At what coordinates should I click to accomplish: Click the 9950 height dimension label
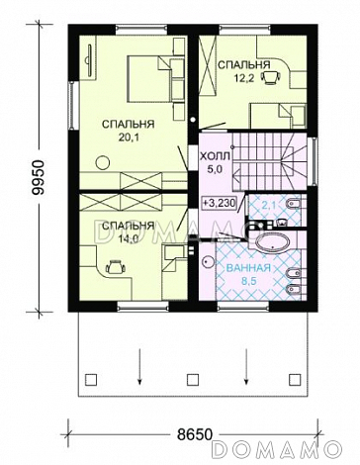point(40,178)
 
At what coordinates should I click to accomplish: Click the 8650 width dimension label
point(194,434)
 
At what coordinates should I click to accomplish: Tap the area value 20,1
point(128,137)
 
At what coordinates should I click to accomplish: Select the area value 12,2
point(244,79)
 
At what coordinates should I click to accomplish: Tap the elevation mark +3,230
point(219,203)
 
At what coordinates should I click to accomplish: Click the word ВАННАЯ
point(248,268)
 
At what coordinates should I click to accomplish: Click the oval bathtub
point(273,244)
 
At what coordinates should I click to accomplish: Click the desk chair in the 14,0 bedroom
point(115,267)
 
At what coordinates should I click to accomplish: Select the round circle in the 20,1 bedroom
point(103,162)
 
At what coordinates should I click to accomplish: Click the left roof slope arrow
point(139,367)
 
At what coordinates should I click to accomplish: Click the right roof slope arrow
point(246,367)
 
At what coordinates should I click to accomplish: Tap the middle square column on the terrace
point(192,380)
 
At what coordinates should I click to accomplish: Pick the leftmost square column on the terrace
point(91,380)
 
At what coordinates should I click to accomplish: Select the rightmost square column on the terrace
point(294,380)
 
